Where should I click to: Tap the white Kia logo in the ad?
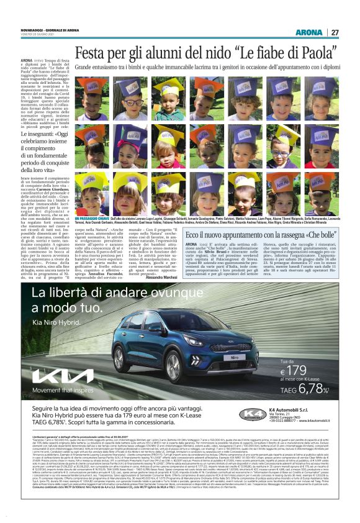[59, 376]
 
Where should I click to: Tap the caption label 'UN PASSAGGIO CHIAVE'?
[94, 219]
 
